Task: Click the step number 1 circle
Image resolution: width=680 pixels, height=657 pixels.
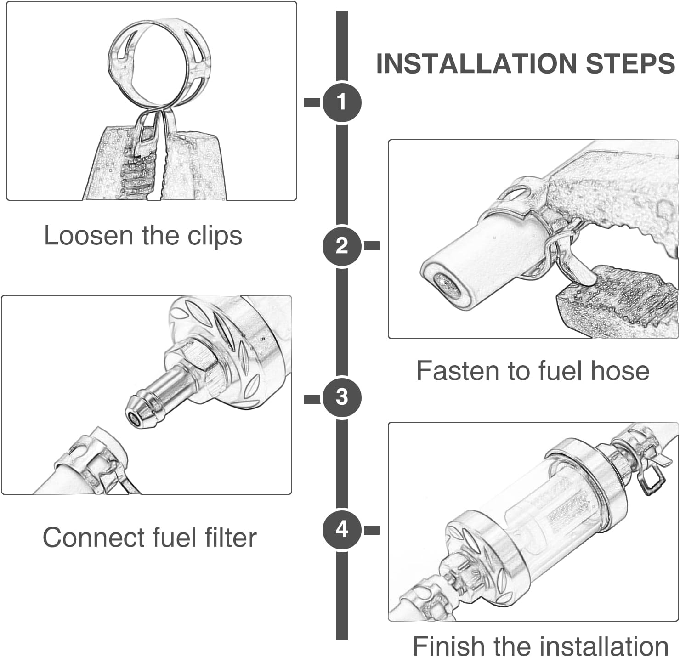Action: (x=342, y=102)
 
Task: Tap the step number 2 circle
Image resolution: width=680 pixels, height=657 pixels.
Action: (x=342, y=246)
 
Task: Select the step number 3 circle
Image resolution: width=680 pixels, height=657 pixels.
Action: (x=342, y=397)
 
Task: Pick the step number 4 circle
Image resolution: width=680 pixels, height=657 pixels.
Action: (x=342, y=529)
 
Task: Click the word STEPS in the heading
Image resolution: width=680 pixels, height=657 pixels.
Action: (x=630, y=63)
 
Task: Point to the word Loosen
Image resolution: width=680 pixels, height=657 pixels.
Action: (x=89, y=236)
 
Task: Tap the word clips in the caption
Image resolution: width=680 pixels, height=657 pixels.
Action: (x=215, y=236)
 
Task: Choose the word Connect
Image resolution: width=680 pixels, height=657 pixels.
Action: (x=94, y=538)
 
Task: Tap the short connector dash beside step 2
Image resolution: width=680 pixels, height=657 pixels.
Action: (x=372, y=246)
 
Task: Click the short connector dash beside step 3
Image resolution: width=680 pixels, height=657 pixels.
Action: (x=312, y=399)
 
